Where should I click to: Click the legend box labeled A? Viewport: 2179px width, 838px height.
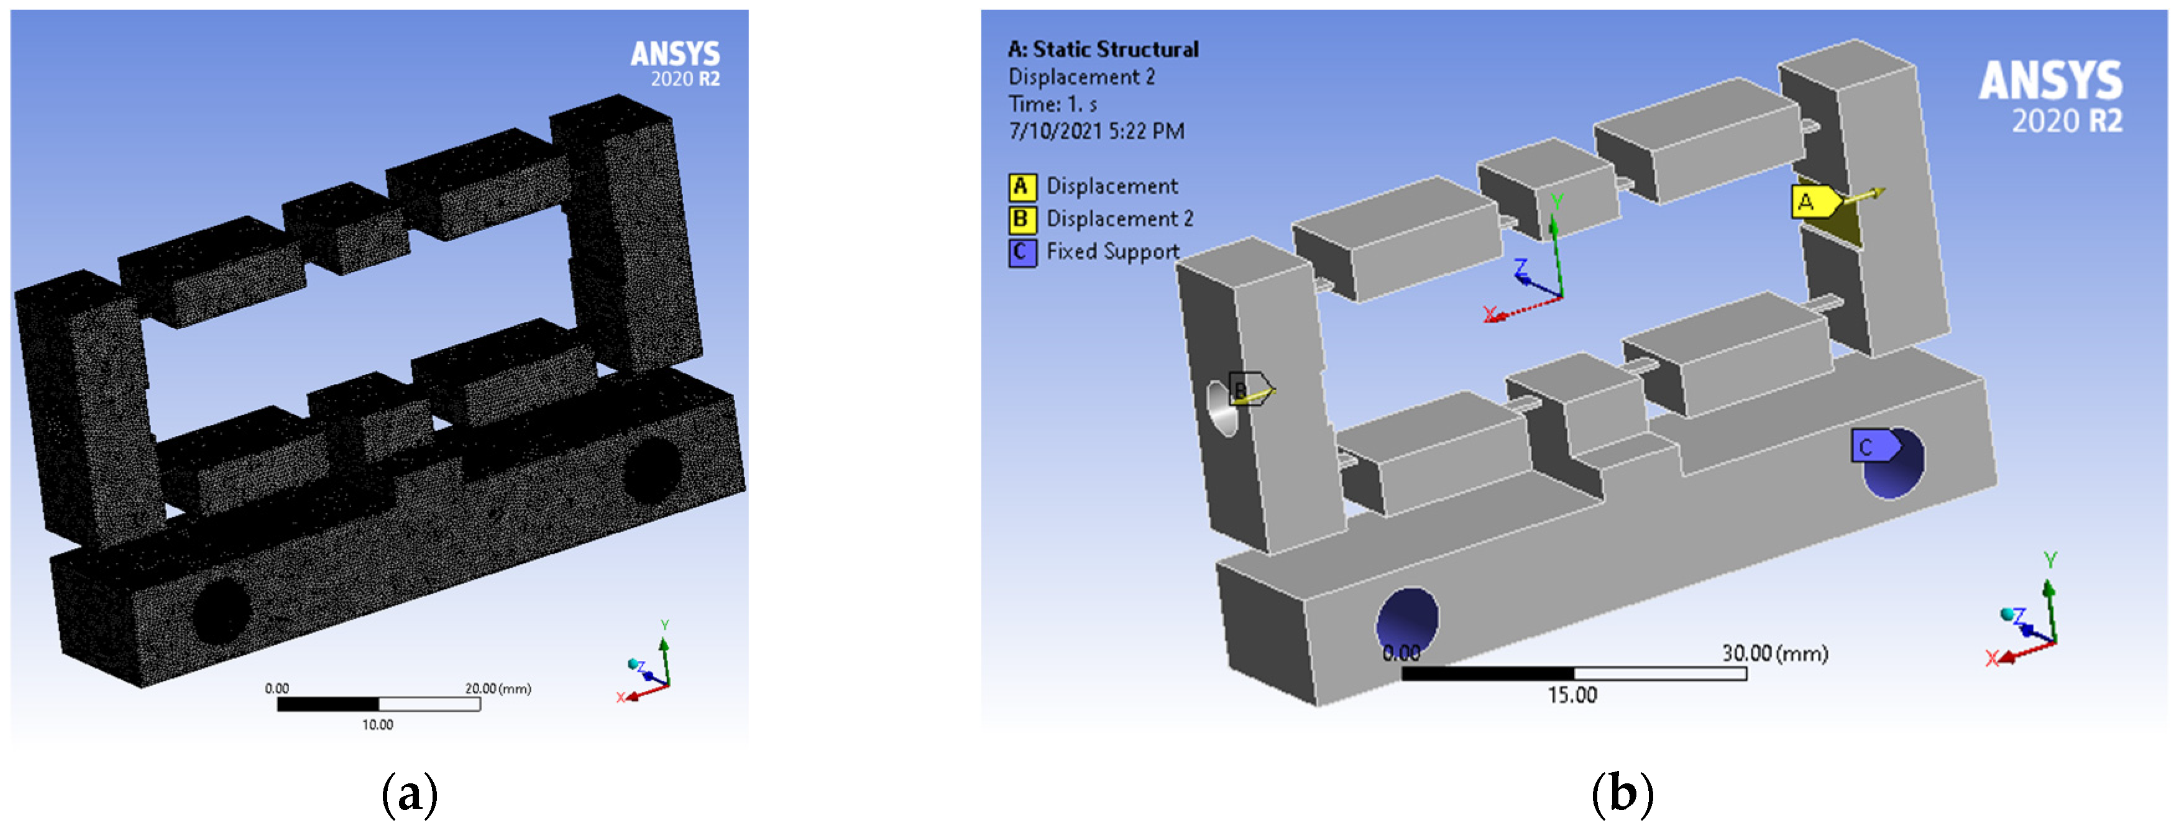1021,186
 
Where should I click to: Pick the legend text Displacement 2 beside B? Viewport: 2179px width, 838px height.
1119,219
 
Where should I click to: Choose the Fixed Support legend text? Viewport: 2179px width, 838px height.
1112,252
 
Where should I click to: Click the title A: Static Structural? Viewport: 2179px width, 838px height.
1102,50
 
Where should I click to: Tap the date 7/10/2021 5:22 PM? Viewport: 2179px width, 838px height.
1096,131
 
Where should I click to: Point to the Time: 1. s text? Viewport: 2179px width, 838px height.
1052,104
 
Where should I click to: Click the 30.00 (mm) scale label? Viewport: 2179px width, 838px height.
1774,653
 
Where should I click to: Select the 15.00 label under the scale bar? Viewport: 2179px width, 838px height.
1572,695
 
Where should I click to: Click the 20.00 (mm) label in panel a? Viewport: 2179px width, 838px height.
497,688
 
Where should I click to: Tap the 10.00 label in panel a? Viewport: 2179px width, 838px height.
377,725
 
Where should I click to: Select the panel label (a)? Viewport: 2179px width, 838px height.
410,794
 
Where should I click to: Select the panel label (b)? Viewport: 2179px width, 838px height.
1622,794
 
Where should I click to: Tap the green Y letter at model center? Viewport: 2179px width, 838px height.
1556,201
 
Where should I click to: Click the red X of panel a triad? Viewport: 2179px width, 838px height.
621,698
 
